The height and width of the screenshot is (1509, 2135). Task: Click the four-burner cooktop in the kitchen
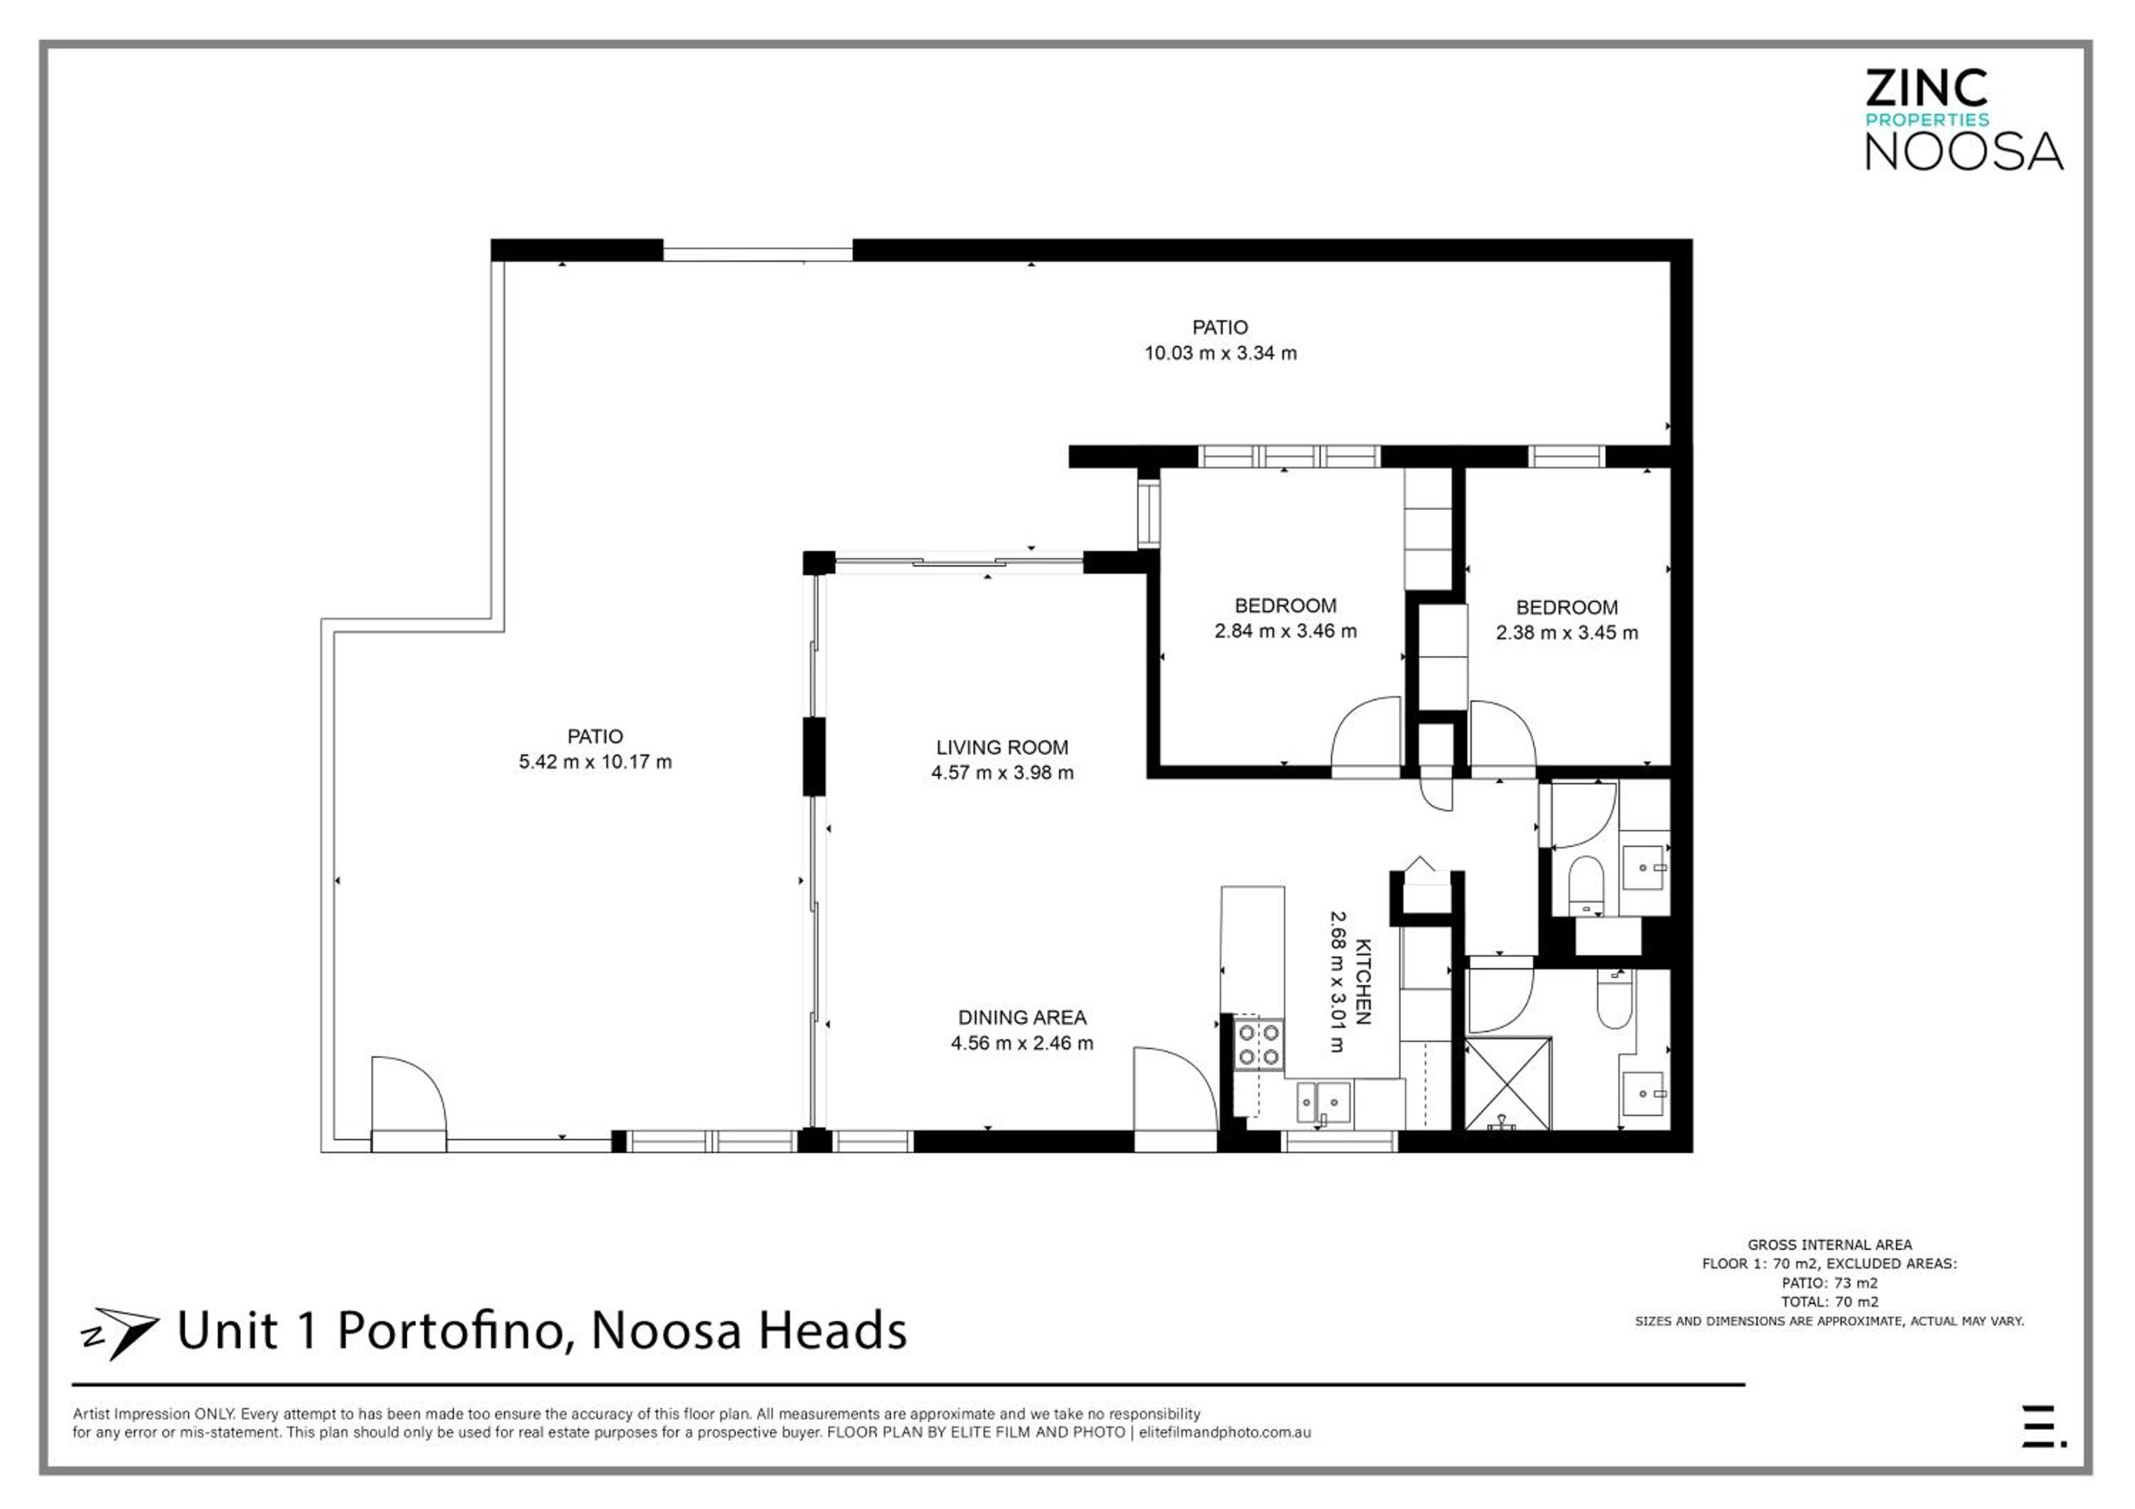(1258, 1044)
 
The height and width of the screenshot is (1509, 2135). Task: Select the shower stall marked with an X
(1508, 1084)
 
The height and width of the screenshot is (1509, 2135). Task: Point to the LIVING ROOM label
(1001, 747)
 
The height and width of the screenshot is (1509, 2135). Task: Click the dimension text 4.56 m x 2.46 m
(1021, 1043)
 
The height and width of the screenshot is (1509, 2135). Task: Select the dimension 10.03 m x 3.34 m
(1220, 353)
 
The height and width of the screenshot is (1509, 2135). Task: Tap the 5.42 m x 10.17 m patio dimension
(595, 762)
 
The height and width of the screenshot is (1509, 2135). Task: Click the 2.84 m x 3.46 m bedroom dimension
(1285, 631)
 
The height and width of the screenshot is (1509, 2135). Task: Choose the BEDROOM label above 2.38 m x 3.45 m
(1567, 607)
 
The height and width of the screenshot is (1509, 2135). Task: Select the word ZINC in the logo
(1926, 88)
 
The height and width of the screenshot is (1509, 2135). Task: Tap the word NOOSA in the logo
(1964, 151)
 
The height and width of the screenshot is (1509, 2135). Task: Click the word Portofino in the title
(452, 1330)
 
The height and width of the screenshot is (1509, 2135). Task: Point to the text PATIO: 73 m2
(1829, 1282)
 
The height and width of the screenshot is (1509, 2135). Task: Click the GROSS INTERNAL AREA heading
(1829, 1244)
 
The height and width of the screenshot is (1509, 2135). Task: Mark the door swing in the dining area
(1174, 1089)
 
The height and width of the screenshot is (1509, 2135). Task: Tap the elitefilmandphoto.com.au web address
(1225, 1433)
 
